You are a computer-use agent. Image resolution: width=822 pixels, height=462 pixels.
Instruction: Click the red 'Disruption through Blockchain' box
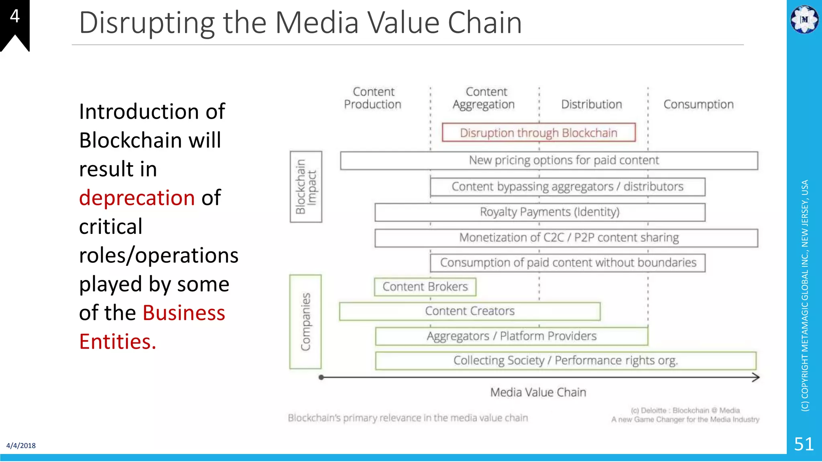pyautogui.click(x=539, y=132)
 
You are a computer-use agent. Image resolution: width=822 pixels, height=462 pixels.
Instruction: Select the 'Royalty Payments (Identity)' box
pyautogui.click(x=540, y=212)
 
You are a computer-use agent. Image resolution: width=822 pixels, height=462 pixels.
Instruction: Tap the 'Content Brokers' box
pyautogui.click(x=425, y=287)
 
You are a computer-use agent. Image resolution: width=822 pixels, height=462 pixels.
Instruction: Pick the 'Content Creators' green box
pyautogui.click(x=470, y=311)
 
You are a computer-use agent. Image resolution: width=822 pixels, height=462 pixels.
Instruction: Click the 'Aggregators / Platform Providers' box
pyautogui.click(x=511, y=336)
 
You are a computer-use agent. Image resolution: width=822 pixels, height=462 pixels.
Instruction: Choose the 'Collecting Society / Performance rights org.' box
pyautogui.click(x=566, y=361)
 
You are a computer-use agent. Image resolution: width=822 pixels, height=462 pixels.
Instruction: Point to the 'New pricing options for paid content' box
pyautogui.click(x=549, y=160)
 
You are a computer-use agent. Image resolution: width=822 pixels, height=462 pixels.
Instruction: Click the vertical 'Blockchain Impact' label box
pyautogui.click(x=306, y=186)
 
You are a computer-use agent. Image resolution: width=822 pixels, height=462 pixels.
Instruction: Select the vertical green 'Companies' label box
pyautogui.click(x=305, y=322)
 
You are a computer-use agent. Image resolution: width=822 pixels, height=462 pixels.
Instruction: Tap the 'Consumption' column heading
pyautogui.click(x=698, y=104)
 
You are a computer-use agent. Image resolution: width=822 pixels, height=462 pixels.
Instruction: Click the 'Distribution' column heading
pyautogui.click(x=591, y=104)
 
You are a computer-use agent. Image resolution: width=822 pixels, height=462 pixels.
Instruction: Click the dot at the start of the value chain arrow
pyautogui.click(x=321, y=377)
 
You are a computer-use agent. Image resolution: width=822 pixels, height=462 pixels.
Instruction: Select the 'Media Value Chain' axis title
pyautogui.click(x=538, y=392)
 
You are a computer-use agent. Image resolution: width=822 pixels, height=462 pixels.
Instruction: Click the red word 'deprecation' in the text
pyautogui.click(x=137, y=198)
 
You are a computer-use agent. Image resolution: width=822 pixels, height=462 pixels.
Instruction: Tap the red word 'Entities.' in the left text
pyautogui.click(x=117, y=341)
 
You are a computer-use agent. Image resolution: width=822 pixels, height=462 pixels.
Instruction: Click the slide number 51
pyautogui.click(x=804, y=444)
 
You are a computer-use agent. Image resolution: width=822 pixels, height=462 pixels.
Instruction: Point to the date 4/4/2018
pyautogui.click(x=21, y=446)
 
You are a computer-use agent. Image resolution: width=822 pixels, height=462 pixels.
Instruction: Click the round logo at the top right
pyautogui.click(x=804, y=19)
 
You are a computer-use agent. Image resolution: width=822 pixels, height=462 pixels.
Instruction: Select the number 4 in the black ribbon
pyautogui.click(x=14, y=16)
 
